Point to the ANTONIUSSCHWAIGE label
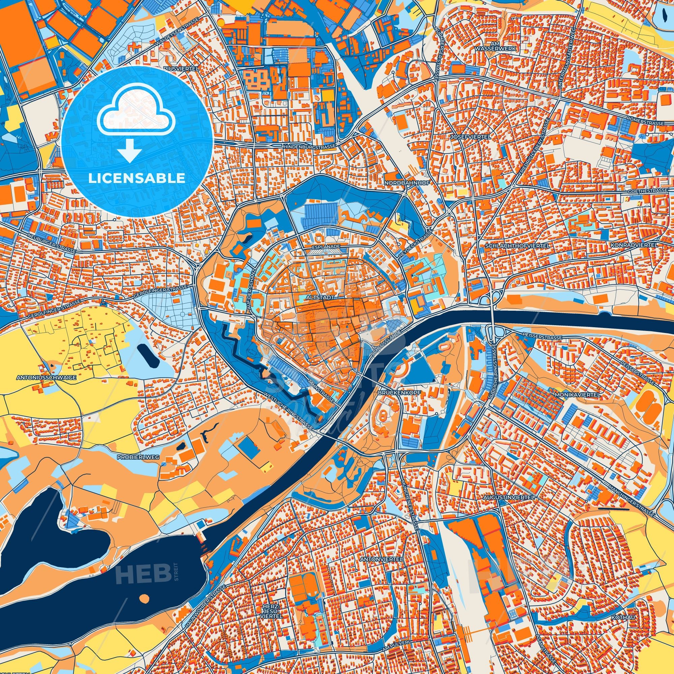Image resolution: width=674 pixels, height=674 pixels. pyautogui.click(x=46, y=377)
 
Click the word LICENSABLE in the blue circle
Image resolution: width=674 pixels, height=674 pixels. pyautogui.click(x=136, y=178)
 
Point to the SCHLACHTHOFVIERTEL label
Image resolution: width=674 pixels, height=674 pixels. pyautogui.click(x=517, y=246)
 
